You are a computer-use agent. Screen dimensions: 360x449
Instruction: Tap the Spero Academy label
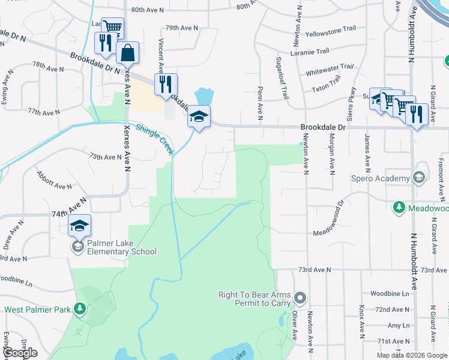point(381,178)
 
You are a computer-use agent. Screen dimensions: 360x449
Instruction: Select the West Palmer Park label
point(38,310)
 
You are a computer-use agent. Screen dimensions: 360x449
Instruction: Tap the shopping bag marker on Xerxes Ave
point(128,53)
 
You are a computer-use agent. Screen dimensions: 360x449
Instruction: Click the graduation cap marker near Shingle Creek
point(199,116)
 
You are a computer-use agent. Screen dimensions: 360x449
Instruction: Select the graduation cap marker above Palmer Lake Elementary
point(79,226)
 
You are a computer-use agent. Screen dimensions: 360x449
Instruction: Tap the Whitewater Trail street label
point(329,70)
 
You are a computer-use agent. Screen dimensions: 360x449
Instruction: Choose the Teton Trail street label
point(327,89)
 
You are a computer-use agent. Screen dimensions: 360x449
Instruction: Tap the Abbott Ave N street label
point(55,181)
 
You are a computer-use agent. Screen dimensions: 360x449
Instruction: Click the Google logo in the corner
point(20,353)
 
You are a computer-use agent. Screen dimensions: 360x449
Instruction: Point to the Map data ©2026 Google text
point(412,355)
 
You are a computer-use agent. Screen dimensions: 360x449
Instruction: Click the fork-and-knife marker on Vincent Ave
point(166,84)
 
